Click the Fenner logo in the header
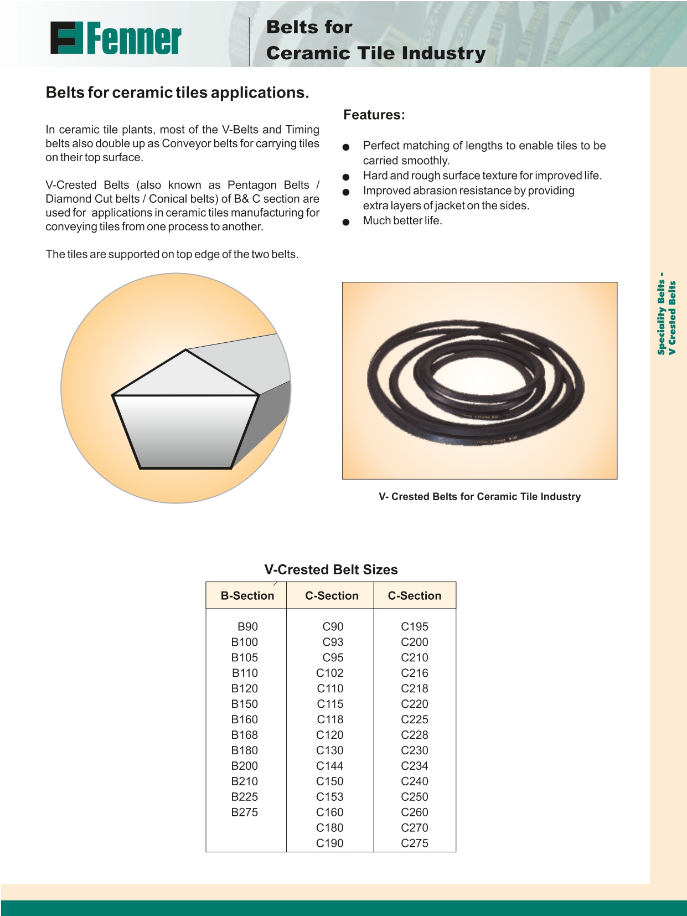tap(116, 38)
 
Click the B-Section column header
tap(247, 596)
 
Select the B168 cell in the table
tap(245, 735)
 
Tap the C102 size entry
tap(330, 673)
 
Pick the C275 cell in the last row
tap(415, 843)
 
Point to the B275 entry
tap(245, 812)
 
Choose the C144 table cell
tap(330, 766)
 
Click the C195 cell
tap(415, 626)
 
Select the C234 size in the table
tap(415, 766)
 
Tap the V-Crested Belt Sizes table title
tap(331, 570)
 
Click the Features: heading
tap(374, 115)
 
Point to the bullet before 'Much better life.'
tap(346, 222)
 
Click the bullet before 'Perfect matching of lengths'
tap(346, 147)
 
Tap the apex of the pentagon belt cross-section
tap(185, 350)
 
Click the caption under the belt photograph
tap(479, 497)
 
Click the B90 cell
tap(247, 626)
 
